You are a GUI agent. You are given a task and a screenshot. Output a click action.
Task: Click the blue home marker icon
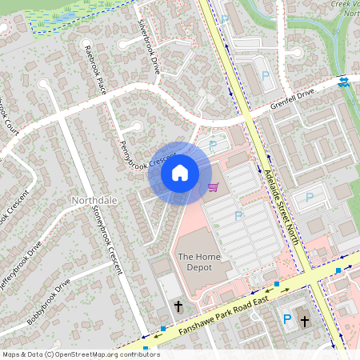[x=180, y=173]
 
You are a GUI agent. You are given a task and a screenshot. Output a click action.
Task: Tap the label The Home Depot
[x=195, y=262]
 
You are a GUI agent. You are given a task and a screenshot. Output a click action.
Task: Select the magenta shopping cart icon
[x=213, y=187]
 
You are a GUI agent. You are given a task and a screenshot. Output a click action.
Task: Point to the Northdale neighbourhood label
[x=94, y=199]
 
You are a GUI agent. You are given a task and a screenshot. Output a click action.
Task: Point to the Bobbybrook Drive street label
[x=49, y=301]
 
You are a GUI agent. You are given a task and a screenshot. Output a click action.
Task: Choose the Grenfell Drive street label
[x=293, y=99]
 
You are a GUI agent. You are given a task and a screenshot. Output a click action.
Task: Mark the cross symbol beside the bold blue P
[x=304, y=321]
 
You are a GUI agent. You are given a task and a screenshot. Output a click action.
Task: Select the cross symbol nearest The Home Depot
[x=178, y=306]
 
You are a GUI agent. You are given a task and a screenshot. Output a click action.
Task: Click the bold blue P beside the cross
[x=287, y=320]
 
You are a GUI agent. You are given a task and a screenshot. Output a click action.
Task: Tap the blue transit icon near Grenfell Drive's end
[x=343, y=82]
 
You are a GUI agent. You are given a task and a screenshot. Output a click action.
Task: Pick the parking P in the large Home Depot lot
[x=238, y=216]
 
